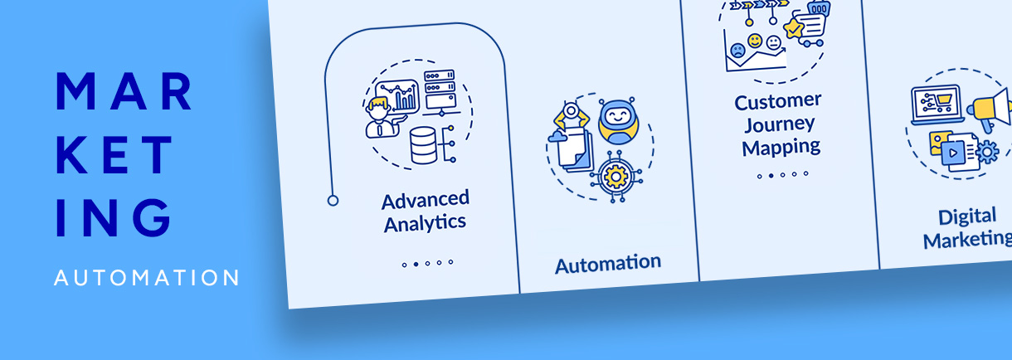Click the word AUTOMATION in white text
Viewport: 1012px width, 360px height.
pos(146,278)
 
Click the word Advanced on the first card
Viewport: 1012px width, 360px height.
pos(425,200)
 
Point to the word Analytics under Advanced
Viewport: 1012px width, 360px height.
pos(424,222)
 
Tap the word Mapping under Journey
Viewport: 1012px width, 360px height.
pos(781,148)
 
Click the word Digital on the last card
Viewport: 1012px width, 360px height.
pos(967,217)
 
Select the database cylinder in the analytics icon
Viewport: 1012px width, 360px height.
pos(423,146)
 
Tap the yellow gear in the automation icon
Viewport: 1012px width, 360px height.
pos(615,176)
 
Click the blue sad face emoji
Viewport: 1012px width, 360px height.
pos(737,50)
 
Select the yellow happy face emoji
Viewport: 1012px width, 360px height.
pos(755,40)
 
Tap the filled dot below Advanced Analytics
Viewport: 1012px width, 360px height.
pos(416,264)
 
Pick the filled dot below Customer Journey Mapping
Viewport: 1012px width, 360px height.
pos(771,176)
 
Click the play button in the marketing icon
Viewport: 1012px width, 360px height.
pos(954,153)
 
